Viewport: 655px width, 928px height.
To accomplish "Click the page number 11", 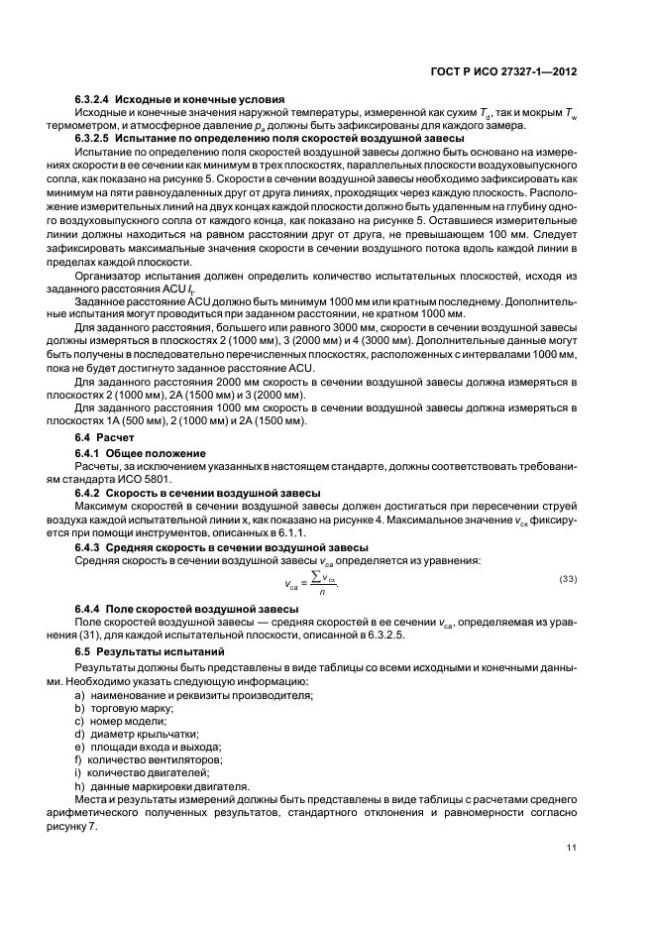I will [x=572, y=847].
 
